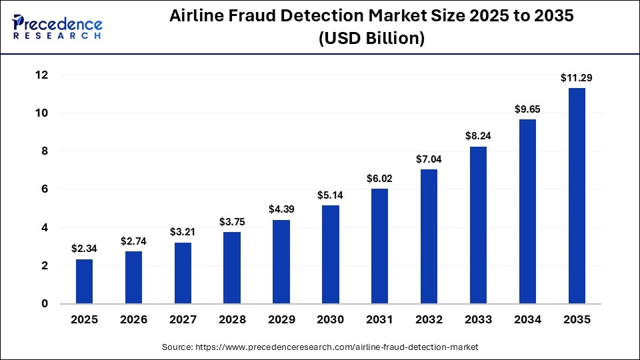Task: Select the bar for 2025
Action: pos(85,281)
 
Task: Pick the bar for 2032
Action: pos(429,236)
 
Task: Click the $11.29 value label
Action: pos(577,78)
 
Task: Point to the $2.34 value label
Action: pos(85,249)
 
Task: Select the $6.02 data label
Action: pos(380,179)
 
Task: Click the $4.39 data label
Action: pos(281,209)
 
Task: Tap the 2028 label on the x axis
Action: pos(232,320)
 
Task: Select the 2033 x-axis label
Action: pos(478,320)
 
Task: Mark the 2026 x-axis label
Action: pos(133,320)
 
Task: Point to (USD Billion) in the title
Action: pos(371,39)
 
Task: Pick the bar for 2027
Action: pos(183,273)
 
